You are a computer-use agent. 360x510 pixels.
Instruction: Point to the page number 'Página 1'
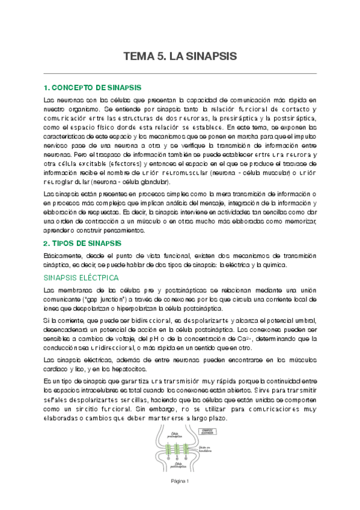[x=180, y=481]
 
